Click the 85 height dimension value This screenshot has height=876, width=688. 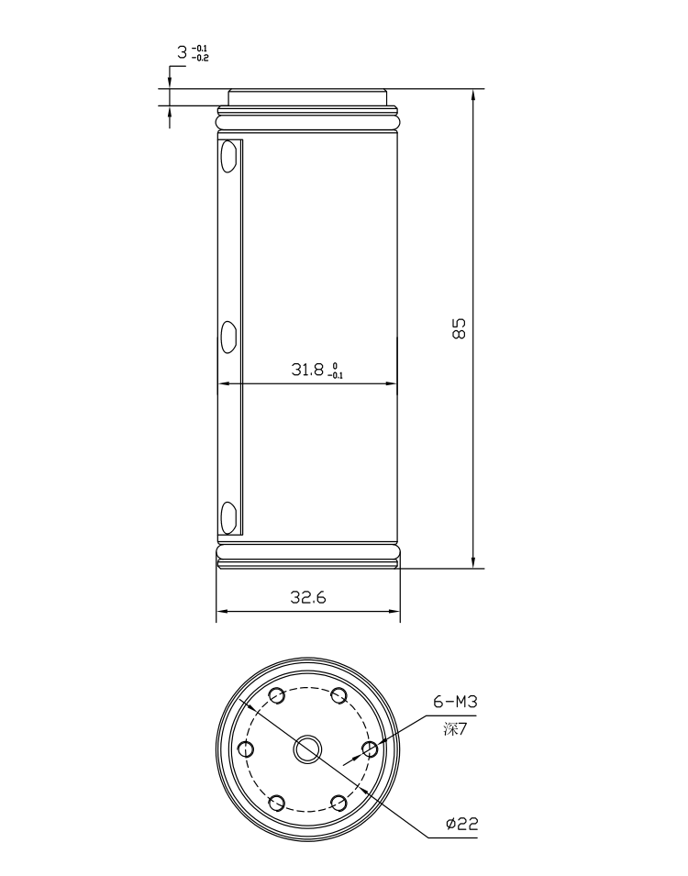tap(459, 328)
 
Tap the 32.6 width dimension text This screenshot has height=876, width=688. tap(308, 597)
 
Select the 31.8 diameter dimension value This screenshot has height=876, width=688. tap(307, 369)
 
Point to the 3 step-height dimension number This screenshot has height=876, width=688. tap(183, 52)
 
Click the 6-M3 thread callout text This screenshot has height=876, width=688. tap(456, 701)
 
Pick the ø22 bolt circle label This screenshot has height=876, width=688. tap(462, 824)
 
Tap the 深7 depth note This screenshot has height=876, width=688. tap(454, 729)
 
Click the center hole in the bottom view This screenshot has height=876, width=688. tap(308, 749)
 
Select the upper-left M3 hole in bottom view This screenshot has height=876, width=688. tap(277, 695)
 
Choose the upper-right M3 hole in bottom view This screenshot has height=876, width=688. tap(338, 695)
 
